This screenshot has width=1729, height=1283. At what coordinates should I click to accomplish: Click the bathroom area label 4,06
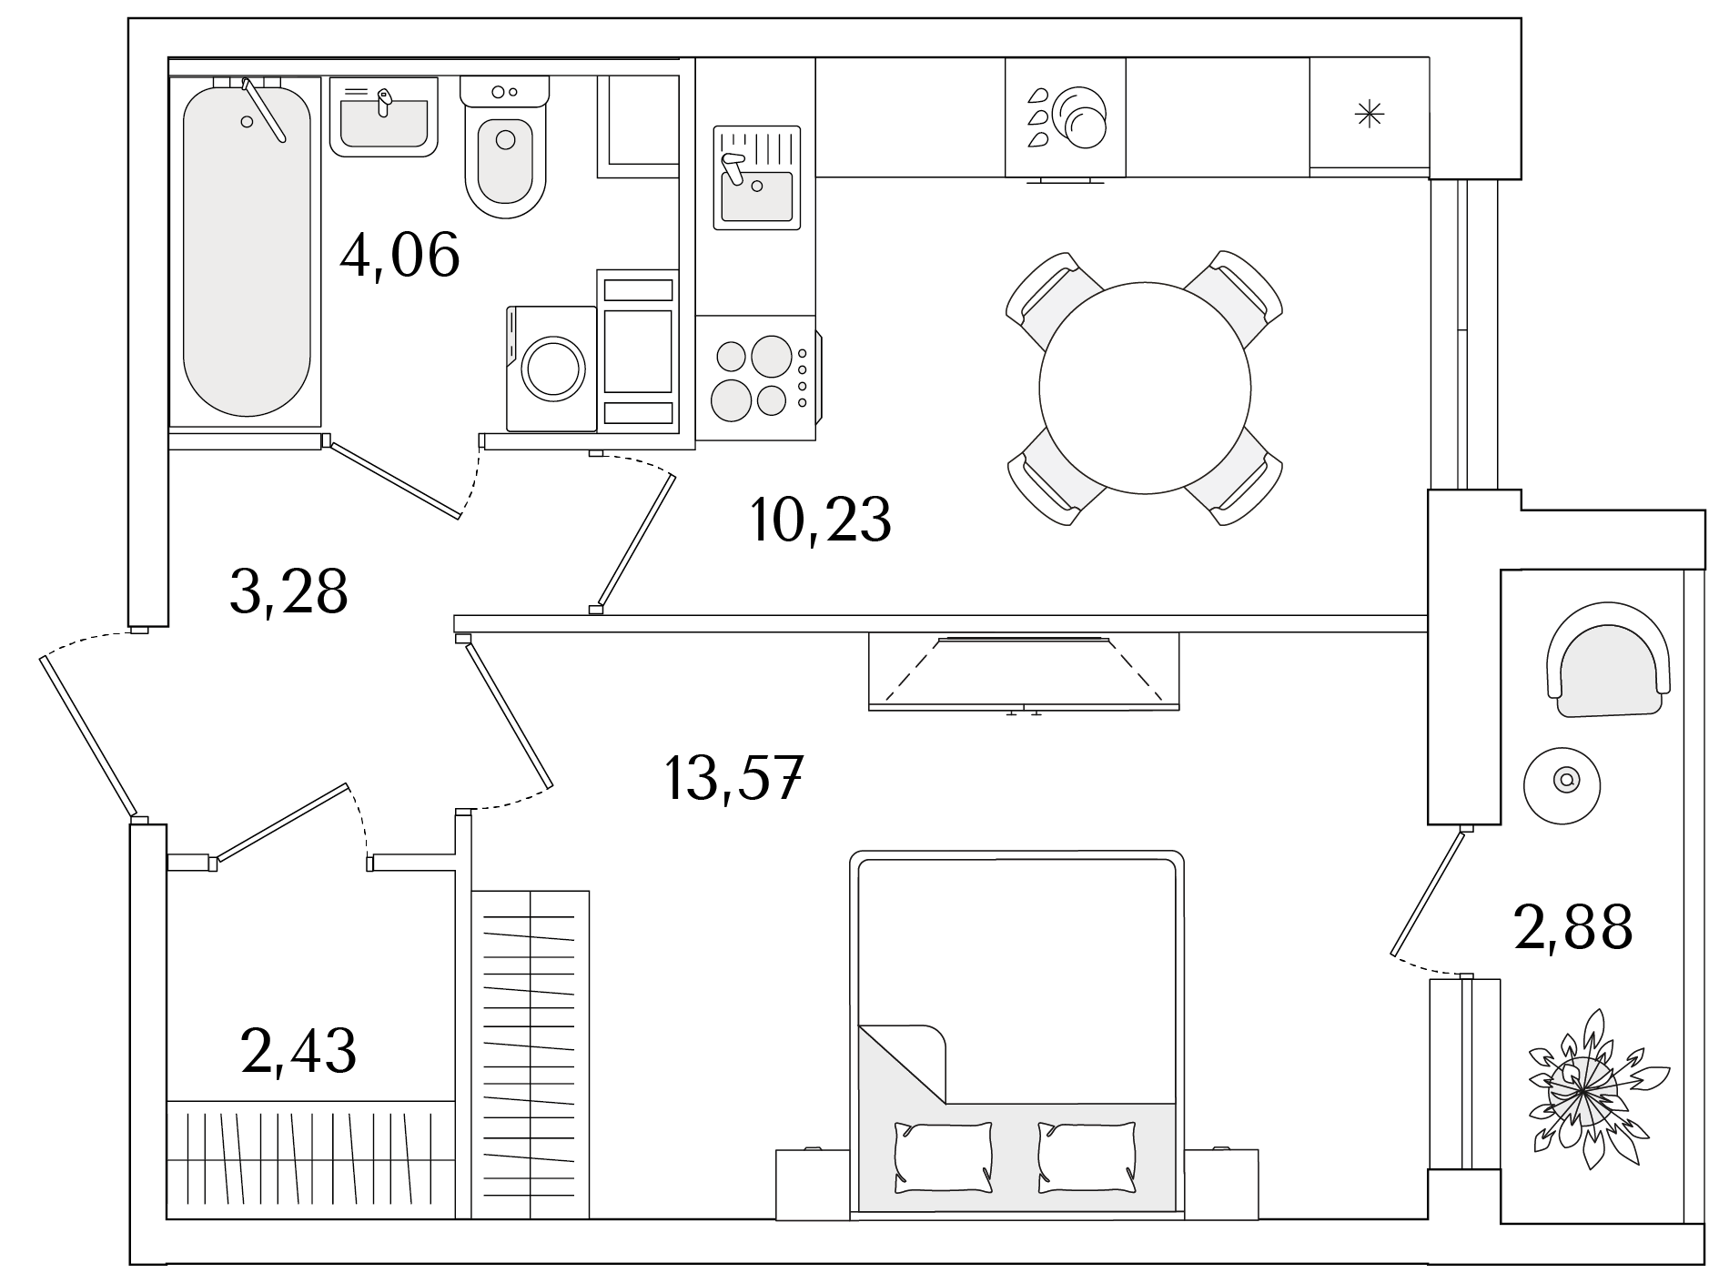(399, 256)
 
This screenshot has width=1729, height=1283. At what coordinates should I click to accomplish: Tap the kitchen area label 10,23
(820, 520)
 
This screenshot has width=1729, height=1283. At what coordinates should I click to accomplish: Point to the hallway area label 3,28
(288, 591)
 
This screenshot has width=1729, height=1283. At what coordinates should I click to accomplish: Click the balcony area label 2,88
(1573, 927)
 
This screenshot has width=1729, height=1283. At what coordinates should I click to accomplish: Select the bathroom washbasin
(383, 116)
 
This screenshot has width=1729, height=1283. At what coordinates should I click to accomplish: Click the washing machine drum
(552, 368)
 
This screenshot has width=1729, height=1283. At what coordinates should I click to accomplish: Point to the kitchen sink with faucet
(757, 177)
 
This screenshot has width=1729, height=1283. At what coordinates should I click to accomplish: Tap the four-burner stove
(756, 378)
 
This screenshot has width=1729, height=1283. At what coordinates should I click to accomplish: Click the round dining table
(1145, 388)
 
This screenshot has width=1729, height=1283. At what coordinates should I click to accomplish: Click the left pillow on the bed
(943, 1157)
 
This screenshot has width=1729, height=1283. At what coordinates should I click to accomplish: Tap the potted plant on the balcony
(1583, 1088)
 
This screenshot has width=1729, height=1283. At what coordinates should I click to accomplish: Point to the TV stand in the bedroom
(1024, 672)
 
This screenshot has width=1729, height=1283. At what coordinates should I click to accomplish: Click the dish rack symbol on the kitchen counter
(1066, 117)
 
